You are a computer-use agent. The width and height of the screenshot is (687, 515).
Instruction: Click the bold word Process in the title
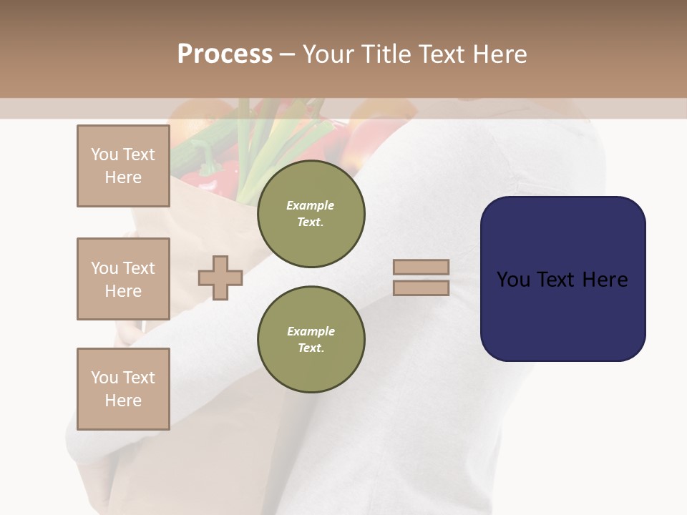[x=225, y=54]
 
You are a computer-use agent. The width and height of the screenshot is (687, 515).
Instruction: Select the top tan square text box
[x=123, y=166]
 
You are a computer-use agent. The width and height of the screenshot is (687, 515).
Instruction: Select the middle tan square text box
[x=123, y=279]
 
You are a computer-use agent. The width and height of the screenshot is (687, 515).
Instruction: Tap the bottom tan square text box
[x=123, y=389]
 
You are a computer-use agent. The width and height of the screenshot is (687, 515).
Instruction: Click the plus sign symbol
[x=220, y=278]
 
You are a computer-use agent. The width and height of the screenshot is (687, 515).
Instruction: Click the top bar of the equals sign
[x=421, y=267]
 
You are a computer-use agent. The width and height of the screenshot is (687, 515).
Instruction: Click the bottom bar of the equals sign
[x=421, y=288]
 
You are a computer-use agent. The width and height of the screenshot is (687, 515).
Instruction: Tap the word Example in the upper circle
[x=311, y=205]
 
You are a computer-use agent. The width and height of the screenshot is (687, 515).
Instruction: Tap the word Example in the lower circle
[x=311, y=331]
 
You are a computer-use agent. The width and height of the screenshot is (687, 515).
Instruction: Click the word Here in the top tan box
[x=123, y=177]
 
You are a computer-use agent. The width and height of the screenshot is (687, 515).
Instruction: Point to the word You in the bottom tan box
[x=104, y=378]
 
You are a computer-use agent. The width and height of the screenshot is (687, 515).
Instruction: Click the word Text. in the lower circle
[x=311, y=348]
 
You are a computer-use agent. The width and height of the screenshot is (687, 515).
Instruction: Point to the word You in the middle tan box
[x=104, y=268]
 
